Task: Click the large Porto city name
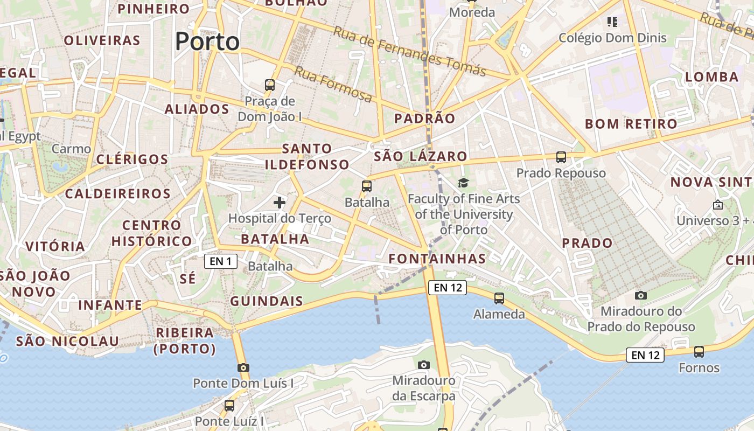coord(207,41)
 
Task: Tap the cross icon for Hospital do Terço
coord(279,203)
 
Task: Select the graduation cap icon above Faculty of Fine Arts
coord(463,183)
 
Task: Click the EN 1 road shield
coord(221,262)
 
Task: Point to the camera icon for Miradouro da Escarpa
coord(424,365)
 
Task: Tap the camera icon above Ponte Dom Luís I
coord(243,367)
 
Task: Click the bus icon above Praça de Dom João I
coord(270,85)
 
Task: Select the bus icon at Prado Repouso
coord(561,157)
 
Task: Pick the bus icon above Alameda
coord(499,298)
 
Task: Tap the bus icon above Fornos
coord(699,352)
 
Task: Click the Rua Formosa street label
coord(333,84)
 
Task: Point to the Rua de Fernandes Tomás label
coord(409,51)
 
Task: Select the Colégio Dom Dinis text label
coord(612,38)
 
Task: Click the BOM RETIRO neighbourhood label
coord(631,124)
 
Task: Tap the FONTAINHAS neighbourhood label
coord(437,259)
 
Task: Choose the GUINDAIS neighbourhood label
coord(267,301)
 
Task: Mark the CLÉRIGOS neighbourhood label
coord(132,159)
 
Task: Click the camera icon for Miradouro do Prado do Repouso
coord(640,295)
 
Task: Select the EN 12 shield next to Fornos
coord(645,355)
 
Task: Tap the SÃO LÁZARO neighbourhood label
coord(421,157)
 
